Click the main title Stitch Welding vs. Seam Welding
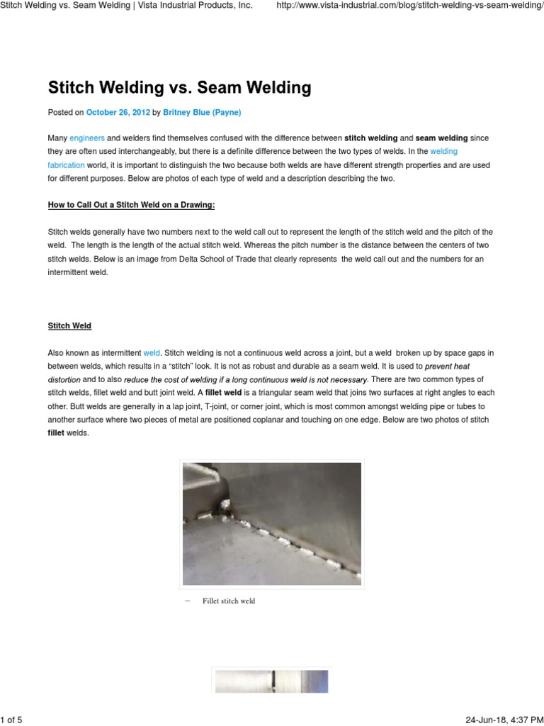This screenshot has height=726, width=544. [179, 88]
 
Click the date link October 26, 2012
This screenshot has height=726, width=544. [118, 112]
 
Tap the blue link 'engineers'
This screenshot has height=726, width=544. [86, 138]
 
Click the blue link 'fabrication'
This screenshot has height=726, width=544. [66, 164]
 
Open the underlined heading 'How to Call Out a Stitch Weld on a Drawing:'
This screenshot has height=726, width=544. [131, 205]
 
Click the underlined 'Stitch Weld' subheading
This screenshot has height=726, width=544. [69, 325]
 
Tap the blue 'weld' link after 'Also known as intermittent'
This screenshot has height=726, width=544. [152, 352]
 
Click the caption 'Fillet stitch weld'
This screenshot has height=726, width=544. [228, 601]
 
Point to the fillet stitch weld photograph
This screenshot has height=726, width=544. [272, 523]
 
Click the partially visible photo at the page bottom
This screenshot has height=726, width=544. [272, 682]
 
